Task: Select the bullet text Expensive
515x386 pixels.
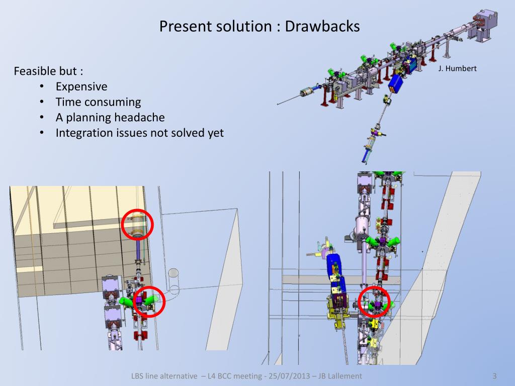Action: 81,86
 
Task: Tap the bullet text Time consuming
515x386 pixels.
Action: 98,102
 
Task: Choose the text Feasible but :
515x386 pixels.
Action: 48,71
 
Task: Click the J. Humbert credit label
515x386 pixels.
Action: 457,68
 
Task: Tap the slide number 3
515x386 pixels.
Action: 494,376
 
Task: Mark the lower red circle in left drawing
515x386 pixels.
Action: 148,302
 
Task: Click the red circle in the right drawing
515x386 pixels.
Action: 375,302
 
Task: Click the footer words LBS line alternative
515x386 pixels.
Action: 164,376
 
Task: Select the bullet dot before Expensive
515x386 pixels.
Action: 42,87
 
